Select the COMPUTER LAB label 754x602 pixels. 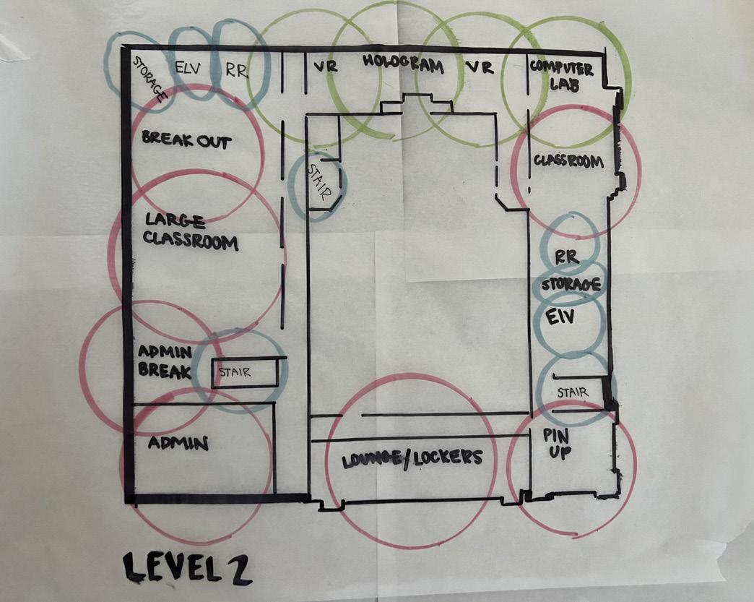tap(561, 76)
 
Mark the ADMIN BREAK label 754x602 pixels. tap(165, 362)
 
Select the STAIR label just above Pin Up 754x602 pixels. tap(572, 392)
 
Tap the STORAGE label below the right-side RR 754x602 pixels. tap(571, 284)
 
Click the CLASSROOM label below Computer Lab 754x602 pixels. tap(568, 161)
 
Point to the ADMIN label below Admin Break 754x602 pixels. tap(178, 443)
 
